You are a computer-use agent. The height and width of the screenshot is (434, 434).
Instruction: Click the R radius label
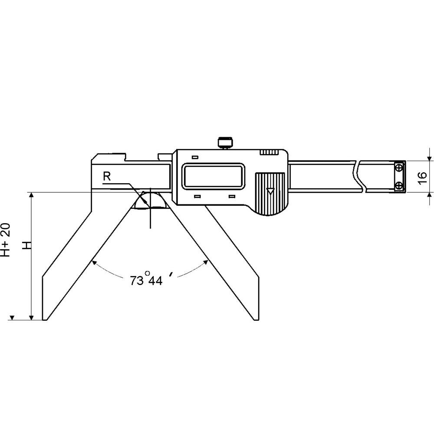click(x=107, y=176)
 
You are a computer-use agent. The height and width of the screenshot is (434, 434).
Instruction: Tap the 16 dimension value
click(x=422, y=178)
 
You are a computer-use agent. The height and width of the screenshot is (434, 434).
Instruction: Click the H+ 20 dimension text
click(x=6, y=240)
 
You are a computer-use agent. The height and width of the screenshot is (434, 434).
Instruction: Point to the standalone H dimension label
click(x=27, y=245)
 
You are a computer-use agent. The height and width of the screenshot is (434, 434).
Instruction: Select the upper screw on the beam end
click(x=399, y=168)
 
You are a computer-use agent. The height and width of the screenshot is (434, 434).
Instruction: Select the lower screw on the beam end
click(x=399, y=186)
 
